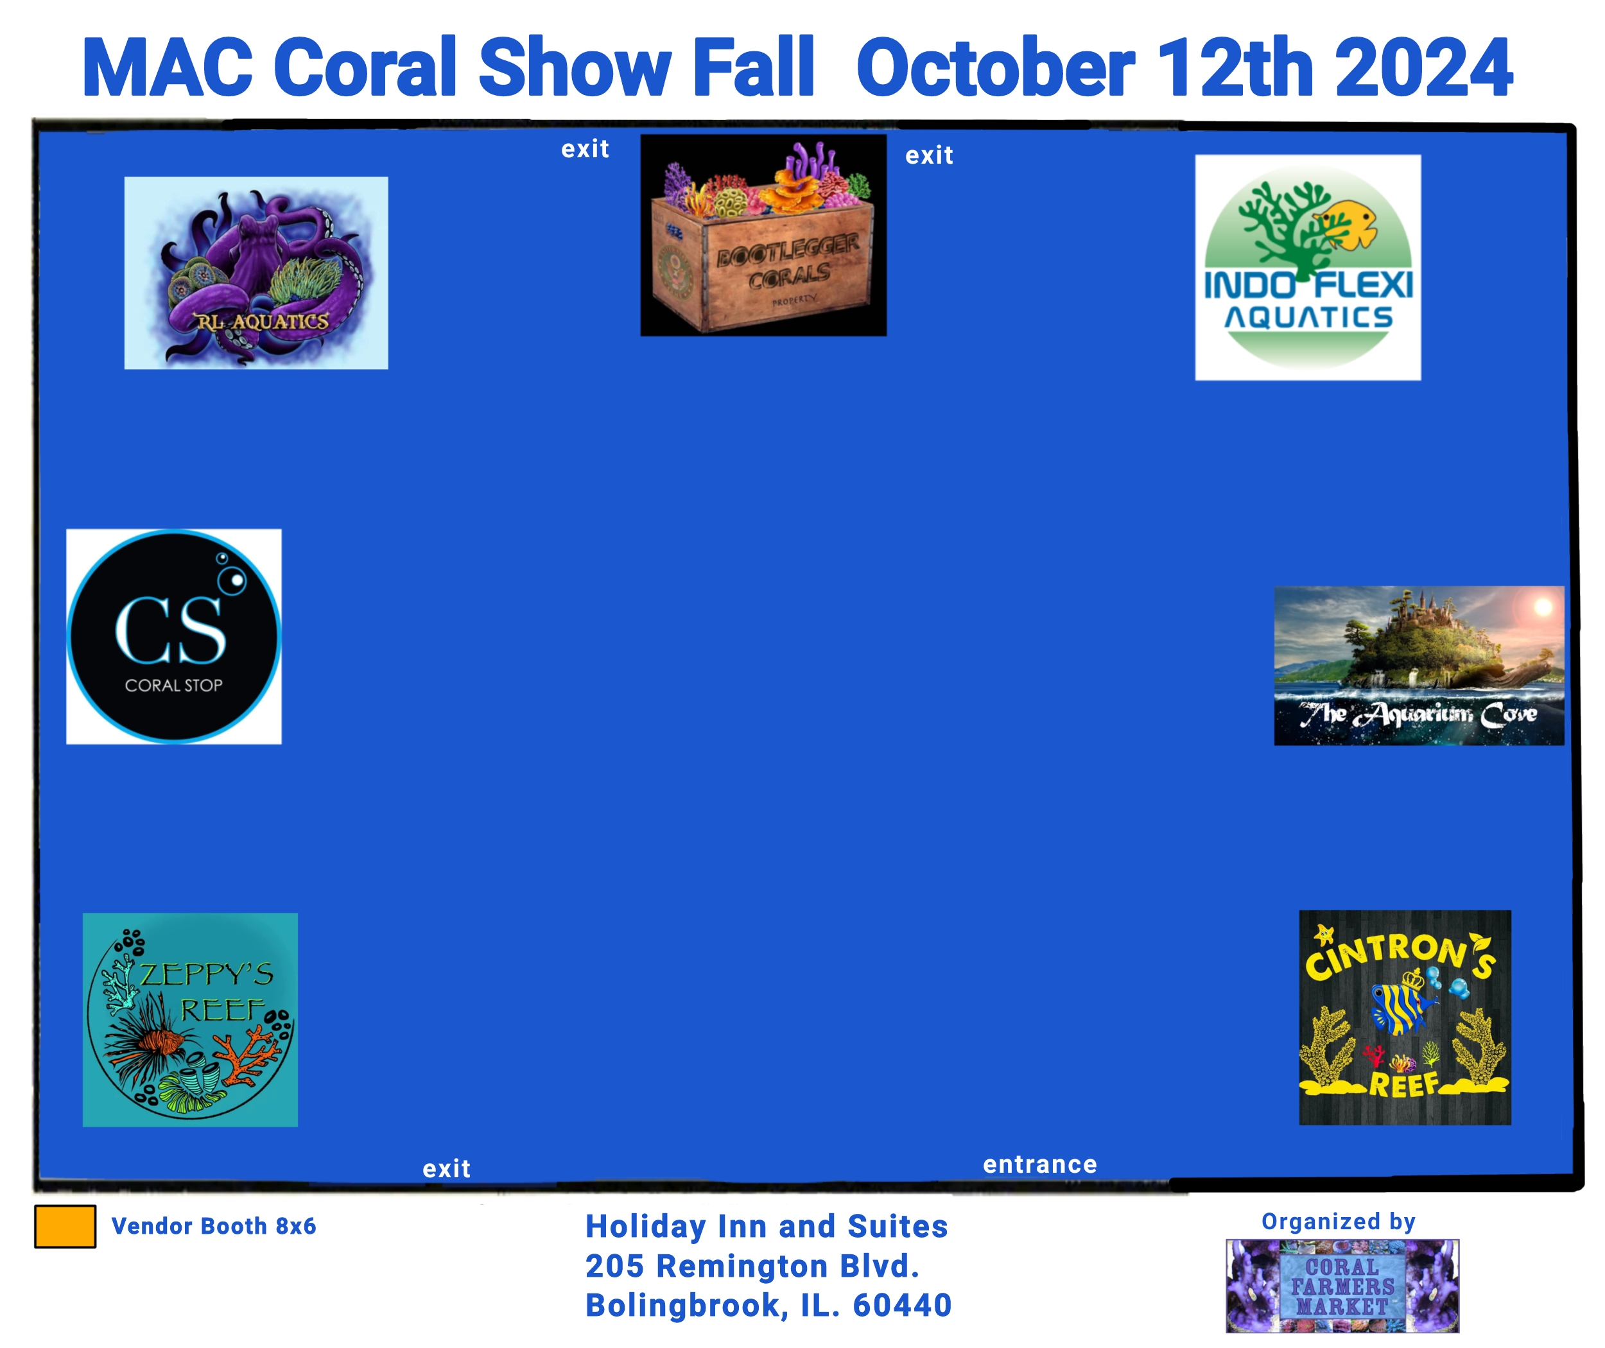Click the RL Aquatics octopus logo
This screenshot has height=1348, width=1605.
[x=256, y=273]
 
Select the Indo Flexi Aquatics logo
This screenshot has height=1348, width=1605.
[x=1308, y=268]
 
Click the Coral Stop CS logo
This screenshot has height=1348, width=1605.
[x=173, y=637]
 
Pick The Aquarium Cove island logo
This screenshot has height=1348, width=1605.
[x=1419, y=666]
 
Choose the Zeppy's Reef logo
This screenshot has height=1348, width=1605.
[x=190, y=1019]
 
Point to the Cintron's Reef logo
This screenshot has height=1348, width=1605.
[x=1405, y=1017]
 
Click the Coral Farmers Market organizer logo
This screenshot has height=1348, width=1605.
[x=1342, y=1286]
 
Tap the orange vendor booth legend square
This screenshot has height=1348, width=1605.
[x=65, y=1227]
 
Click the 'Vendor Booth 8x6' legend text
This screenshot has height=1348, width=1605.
[x=214, y=1226]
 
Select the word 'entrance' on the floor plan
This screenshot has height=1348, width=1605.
[x=1039, y=1164]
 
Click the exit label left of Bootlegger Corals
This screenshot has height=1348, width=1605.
[x=586, y=148]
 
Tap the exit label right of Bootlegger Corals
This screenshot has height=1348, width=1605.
[x=930, y=155]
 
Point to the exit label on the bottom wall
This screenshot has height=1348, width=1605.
[x=446, y=1168]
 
